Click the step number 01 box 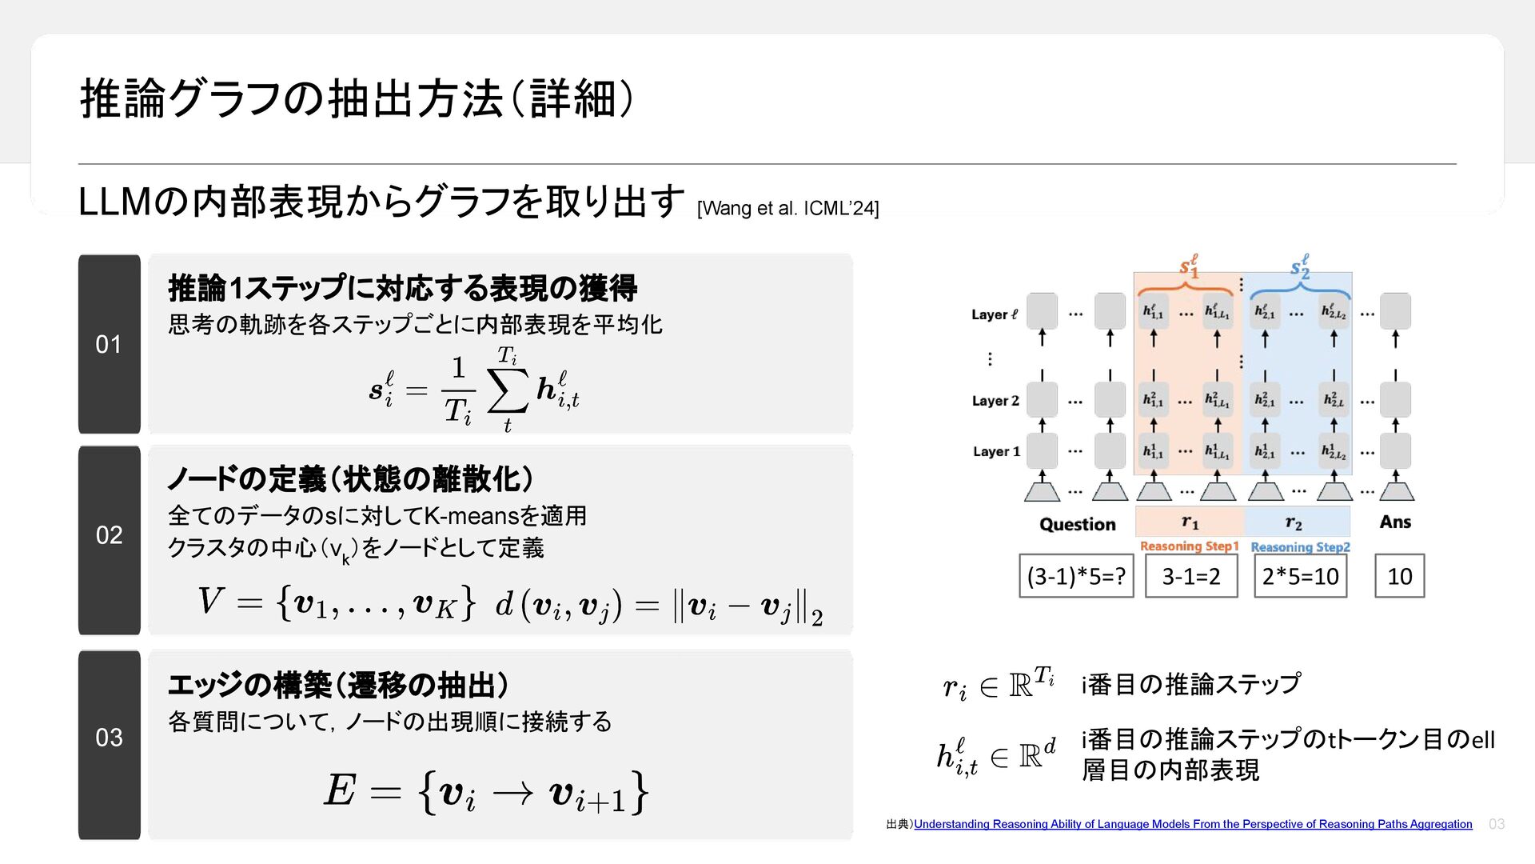(110, 344)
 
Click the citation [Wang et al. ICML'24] (787, 209)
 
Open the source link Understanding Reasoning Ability (1192, 824)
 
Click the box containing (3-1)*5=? (1076, 576)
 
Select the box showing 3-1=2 (1190, 576)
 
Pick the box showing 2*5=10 (1300, 576)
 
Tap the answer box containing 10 (1399, 576)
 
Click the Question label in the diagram (1077, 525)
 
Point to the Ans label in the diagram (1395, 522)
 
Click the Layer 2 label (995, 401)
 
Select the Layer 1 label (996, 452)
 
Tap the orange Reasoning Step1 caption (1189, 546)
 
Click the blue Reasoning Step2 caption (1300, 547)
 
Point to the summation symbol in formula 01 (508, 391)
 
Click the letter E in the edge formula (340, 790)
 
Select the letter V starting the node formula (210, 601)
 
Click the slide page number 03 (1497, 824)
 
